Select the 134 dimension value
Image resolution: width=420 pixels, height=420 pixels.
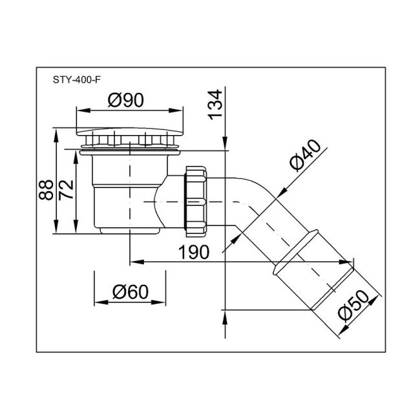point(216,105)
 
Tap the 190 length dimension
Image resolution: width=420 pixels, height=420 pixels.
point(194,252)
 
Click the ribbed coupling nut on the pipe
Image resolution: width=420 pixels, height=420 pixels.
point(197,200)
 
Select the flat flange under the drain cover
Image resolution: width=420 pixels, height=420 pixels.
point(129,152)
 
